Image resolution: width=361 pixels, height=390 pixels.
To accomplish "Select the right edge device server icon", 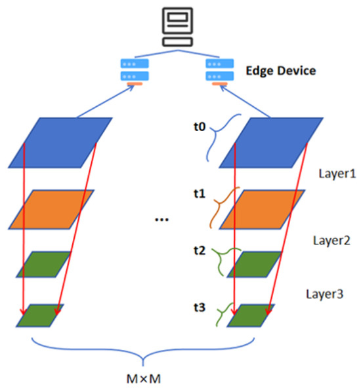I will pos(220,71).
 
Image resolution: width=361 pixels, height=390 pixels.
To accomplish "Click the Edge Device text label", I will pos(280,69).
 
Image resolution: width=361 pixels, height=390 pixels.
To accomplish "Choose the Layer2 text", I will pos(329,240).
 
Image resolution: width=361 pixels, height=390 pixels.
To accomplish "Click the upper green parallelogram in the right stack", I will pos(253,265).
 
